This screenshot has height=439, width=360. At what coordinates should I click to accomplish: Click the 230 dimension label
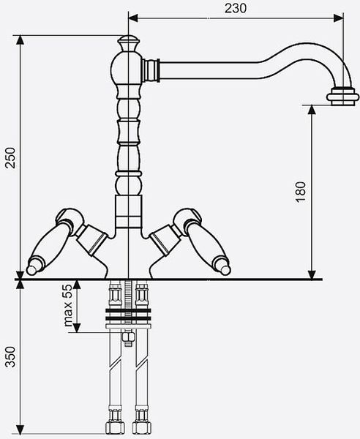tap(236, 8)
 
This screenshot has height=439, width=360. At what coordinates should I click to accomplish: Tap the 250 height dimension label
tap(11, 157)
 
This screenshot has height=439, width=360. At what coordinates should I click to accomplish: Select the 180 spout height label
tap(301, 192)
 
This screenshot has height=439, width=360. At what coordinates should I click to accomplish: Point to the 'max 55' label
tap(68, 305)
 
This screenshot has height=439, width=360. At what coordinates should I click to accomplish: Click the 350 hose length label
tap(11, 357)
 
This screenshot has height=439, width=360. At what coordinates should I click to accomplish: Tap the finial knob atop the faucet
tap(128, 42)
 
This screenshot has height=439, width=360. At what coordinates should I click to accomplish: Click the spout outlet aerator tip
tap(342, 97)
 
